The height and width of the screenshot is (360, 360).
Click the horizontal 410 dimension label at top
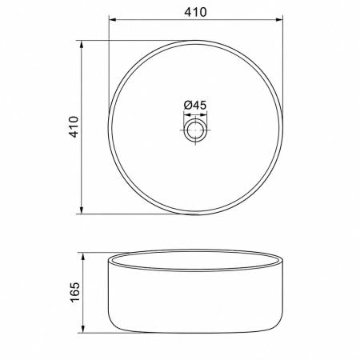[x=195, y=12]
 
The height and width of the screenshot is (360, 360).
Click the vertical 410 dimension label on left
[x=74, y=126]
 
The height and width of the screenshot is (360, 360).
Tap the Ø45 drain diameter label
[x=195, y=105]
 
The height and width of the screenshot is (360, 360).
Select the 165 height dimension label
[x=74, y=292]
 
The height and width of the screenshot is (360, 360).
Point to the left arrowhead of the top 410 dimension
[x=113, y=19]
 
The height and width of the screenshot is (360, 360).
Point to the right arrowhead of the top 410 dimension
[x=279, y=19]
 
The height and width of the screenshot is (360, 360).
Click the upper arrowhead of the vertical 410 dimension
[x=82, y=44]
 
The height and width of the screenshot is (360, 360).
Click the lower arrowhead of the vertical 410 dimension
[x=82, y=210]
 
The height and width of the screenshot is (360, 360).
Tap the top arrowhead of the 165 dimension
[x=83, y=256]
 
